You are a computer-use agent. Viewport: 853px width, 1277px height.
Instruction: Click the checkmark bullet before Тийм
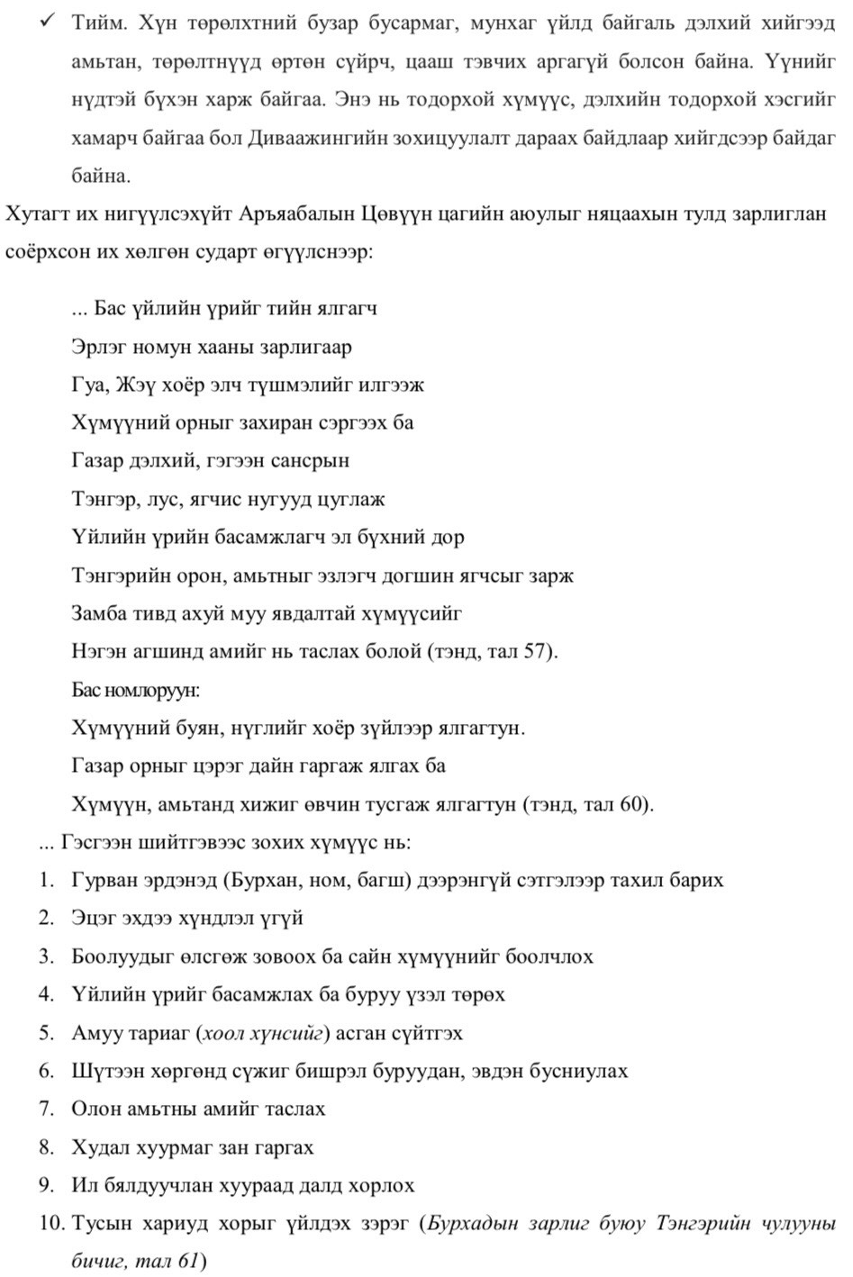coord(48,23)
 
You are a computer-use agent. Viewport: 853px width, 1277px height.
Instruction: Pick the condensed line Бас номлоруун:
coord(135,691)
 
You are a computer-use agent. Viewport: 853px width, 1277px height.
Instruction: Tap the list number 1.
coord(47,880)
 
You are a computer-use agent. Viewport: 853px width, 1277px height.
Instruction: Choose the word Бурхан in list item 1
coord(270,880)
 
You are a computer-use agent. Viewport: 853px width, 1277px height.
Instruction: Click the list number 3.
coord(47,956)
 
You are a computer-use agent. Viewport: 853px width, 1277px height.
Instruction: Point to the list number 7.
coord(47,1109)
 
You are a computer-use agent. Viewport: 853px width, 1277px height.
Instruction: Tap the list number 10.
coord(51,1224)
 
